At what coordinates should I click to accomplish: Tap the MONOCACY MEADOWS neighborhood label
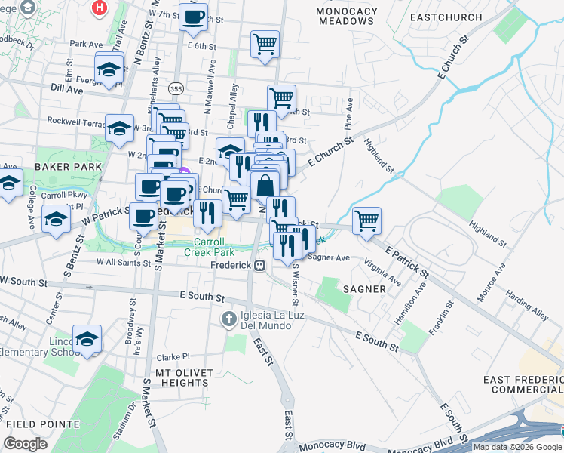pyautogui.click(x=345, y=15)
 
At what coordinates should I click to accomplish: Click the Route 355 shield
pyautogui.click(x=176, y=88)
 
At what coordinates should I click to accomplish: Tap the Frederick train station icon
pyautogui.click(x=259, y=266)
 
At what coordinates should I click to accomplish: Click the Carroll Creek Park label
pyautogui.click(x=209, y=247)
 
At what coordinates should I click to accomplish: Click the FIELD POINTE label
pyautogui.click(x=36, y=424)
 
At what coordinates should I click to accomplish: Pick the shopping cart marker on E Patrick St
pyautogui.click(x=366, y=220)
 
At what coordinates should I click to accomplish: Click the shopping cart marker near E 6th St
pyautogui.click(x=265, y=44)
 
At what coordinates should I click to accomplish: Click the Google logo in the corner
pyautogui.click(x=25, y=444)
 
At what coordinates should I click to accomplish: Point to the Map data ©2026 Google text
pyautogui.click(x=517, y=447)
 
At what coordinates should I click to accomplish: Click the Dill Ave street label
pyautogui.click(x=66, y=88)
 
